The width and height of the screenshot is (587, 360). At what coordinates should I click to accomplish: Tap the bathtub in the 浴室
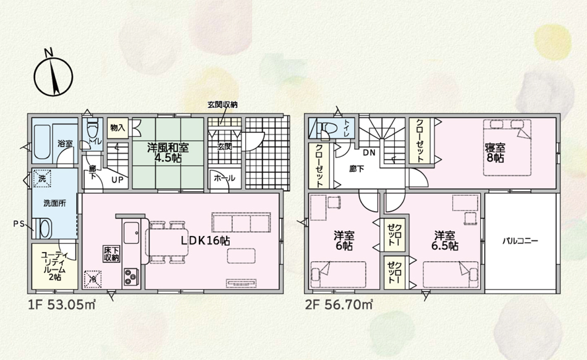coord(42,143)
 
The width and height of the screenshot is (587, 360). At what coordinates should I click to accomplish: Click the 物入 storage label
coord(117,128)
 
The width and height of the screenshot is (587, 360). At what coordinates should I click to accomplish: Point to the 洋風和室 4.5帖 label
coord(167,153)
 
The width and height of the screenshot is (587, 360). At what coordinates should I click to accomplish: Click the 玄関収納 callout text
coord(222,105)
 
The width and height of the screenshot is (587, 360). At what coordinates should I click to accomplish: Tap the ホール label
coord(224,178)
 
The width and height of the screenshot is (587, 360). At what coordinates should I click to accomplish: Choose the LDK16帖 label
coord(205,241)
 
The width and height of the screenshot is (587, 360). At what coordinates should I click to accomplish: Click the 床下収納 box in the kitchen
coord(112,254)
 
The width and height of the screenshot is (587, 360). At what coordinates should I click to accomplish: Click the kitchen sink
coord(132,232)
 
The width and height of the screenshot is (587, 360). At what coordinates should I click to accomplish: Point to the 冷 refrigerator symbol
coord(93,278)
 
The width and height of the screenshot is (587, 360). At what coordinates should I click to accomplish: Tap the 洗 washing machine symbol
coord(42,178)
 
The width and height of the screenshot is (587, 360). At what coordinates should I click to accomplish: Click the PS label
coord(19,224)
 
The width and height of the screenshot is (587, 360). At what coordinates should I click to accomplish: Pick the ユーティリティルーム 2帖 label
coord(54,266)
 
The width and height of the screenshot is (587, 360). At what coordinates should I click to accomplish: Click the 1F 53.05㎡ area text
coord(62,305)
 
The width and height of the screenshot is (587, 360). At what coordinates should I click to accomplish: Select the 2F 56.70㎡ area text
coord(339,305)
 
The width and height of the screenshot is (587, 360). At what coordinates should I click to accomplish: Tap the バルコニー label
coord(520,241)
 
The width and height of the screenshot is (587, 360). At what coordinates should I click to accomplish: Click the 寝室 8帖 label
coord(495,153)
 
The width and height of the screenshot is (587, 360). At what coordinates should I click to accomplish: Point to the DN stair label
coord(369,153)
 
